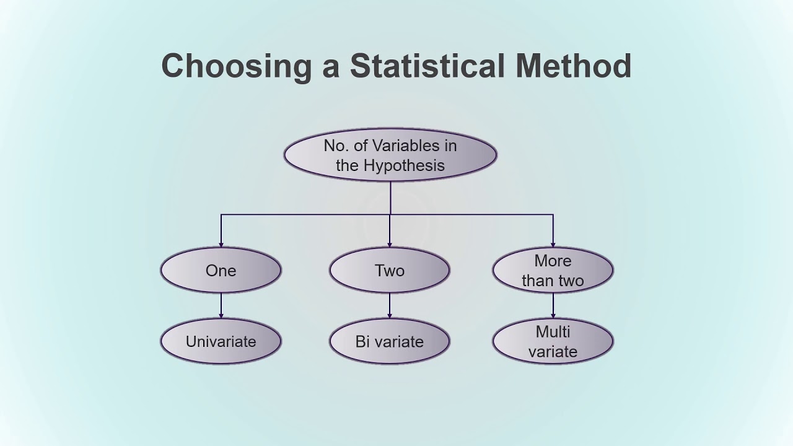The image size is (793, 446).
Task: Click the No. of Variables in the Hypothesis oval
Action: coord(390,155)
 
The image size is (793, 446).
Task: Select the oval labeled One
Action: coord(221,271)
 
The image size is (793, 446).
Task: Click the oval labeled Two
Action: coord(390,271)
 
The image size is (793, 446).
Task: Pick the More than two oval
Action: coord(553,271)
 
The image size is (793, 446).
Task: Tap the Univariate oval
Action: coord(221,341)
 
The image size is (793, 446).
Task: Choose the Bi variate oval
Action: coord(390,341)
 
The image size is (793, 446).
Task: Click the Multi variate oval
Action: coord(553,341)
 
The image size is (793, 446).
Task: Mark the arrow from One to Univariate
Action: coord(221,306)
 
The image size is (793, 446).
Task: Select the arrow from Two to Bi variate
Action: coord(390,306)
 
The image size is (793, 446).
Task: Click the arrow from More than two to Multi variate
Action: coord(553,306)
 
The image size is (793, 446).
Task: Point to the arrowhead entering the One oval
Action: coord(221,244)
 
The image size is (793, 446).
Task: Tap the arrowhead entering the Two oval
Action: coord(390,244)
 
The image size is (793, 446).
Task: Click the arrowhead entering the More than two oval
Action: coord(553,244)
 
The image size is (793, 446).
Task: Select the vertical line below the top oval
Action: coord(390,198)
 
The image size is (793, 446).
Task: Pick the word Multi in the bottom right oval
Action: coord(553,331)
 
